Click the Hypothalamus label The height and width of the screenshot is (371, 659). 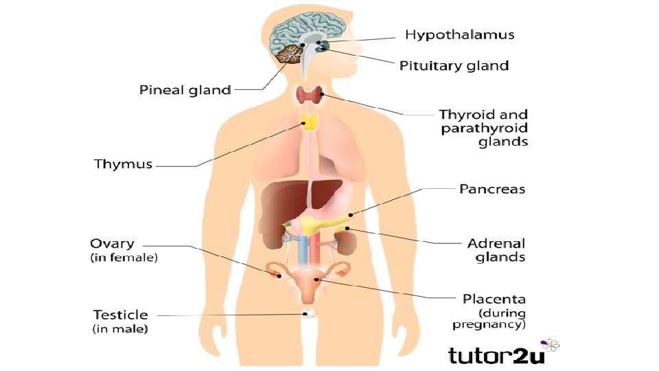(x=459, y=34)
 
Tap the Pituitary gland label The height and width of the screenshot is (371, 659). (x=454, y=66)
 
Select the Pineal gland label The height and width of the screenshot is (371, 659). (x=185, y=90)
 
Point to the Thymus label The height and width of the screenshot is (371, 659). (x=123, y=164)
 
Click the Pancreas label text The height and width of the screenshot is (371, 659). (x=492, y=188)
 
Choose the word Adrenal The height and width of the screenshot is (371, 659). (x=496, y=243)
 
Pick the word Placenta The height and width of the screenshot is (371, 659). (x=494, y=299)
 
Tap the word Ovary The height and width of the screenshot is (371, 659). (x=113, y=244)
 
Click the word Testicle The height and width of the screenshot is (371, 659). (x=120, y=315)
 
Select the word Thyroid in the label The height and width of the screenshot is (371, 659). (x=463, y=115)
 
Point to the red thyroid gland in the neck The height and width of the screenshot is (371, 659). (x=310, y=95)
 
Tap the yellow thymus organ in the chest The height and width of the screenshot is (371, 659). (x=310, y=124)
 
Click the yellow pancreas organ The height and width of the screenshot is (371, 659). (x=323, y=224)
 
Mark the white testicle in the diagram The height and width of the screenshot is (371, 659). (x=310, y=313)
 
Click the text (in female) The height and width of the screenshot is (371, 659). (x=124, y=258)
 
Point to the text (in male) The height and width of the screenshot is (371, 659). (x=120, y=329)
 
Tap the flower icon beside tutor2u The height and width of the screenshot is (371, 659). (x=551, y=345)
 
